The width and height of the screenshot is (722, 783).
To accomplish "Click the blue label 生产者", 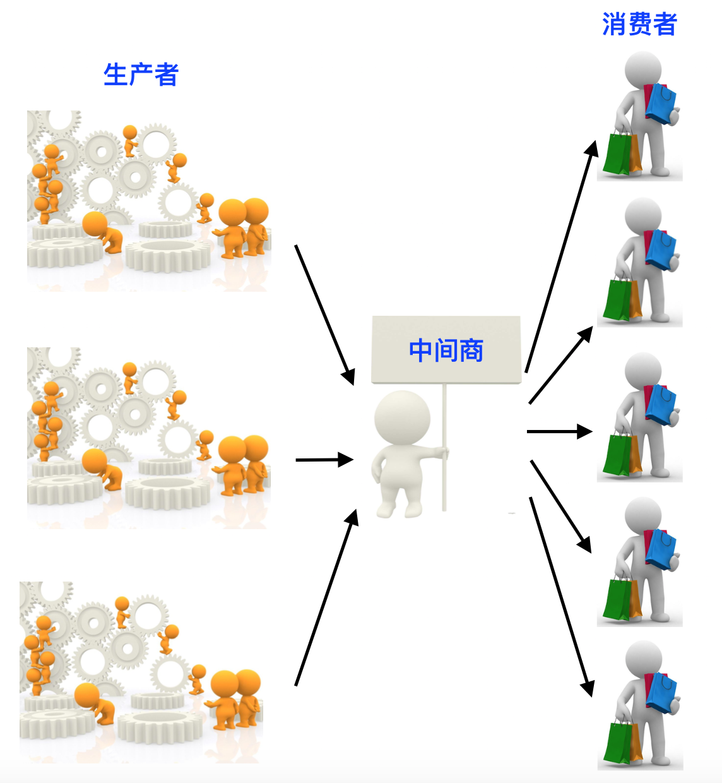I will coord(141,75).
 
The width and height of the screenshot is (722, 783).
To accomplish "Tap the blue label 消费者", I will coord(639,25).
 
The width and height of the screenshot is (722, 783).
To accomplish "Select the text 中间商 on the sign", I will coord(446,350).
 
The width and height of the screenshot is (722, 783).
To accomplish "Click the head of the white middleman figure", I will coord(402,417).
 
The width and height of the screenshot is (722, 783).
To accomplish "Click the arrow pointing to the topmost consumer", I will coord(561,256).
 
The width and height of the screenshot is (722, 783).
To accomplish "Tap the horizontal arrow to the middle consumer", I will coord(559,431).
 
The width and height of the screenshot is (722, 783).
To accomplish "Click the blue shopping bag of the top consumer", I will coord(661,104).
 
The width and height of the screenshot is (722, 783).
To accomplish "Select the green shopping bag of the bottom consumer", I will coord(616,743).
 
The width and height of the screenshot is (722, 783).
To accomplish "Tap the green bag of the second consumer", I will coord(616,299).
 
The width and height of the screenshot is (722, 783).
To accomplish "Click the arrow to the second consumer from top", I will coord(560,365).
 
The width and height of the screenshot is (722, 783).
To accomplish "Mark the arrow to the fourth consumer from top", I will coord(560,506).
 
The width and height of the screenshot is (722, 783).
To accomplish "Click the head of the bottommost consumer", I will coord(643,659).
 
